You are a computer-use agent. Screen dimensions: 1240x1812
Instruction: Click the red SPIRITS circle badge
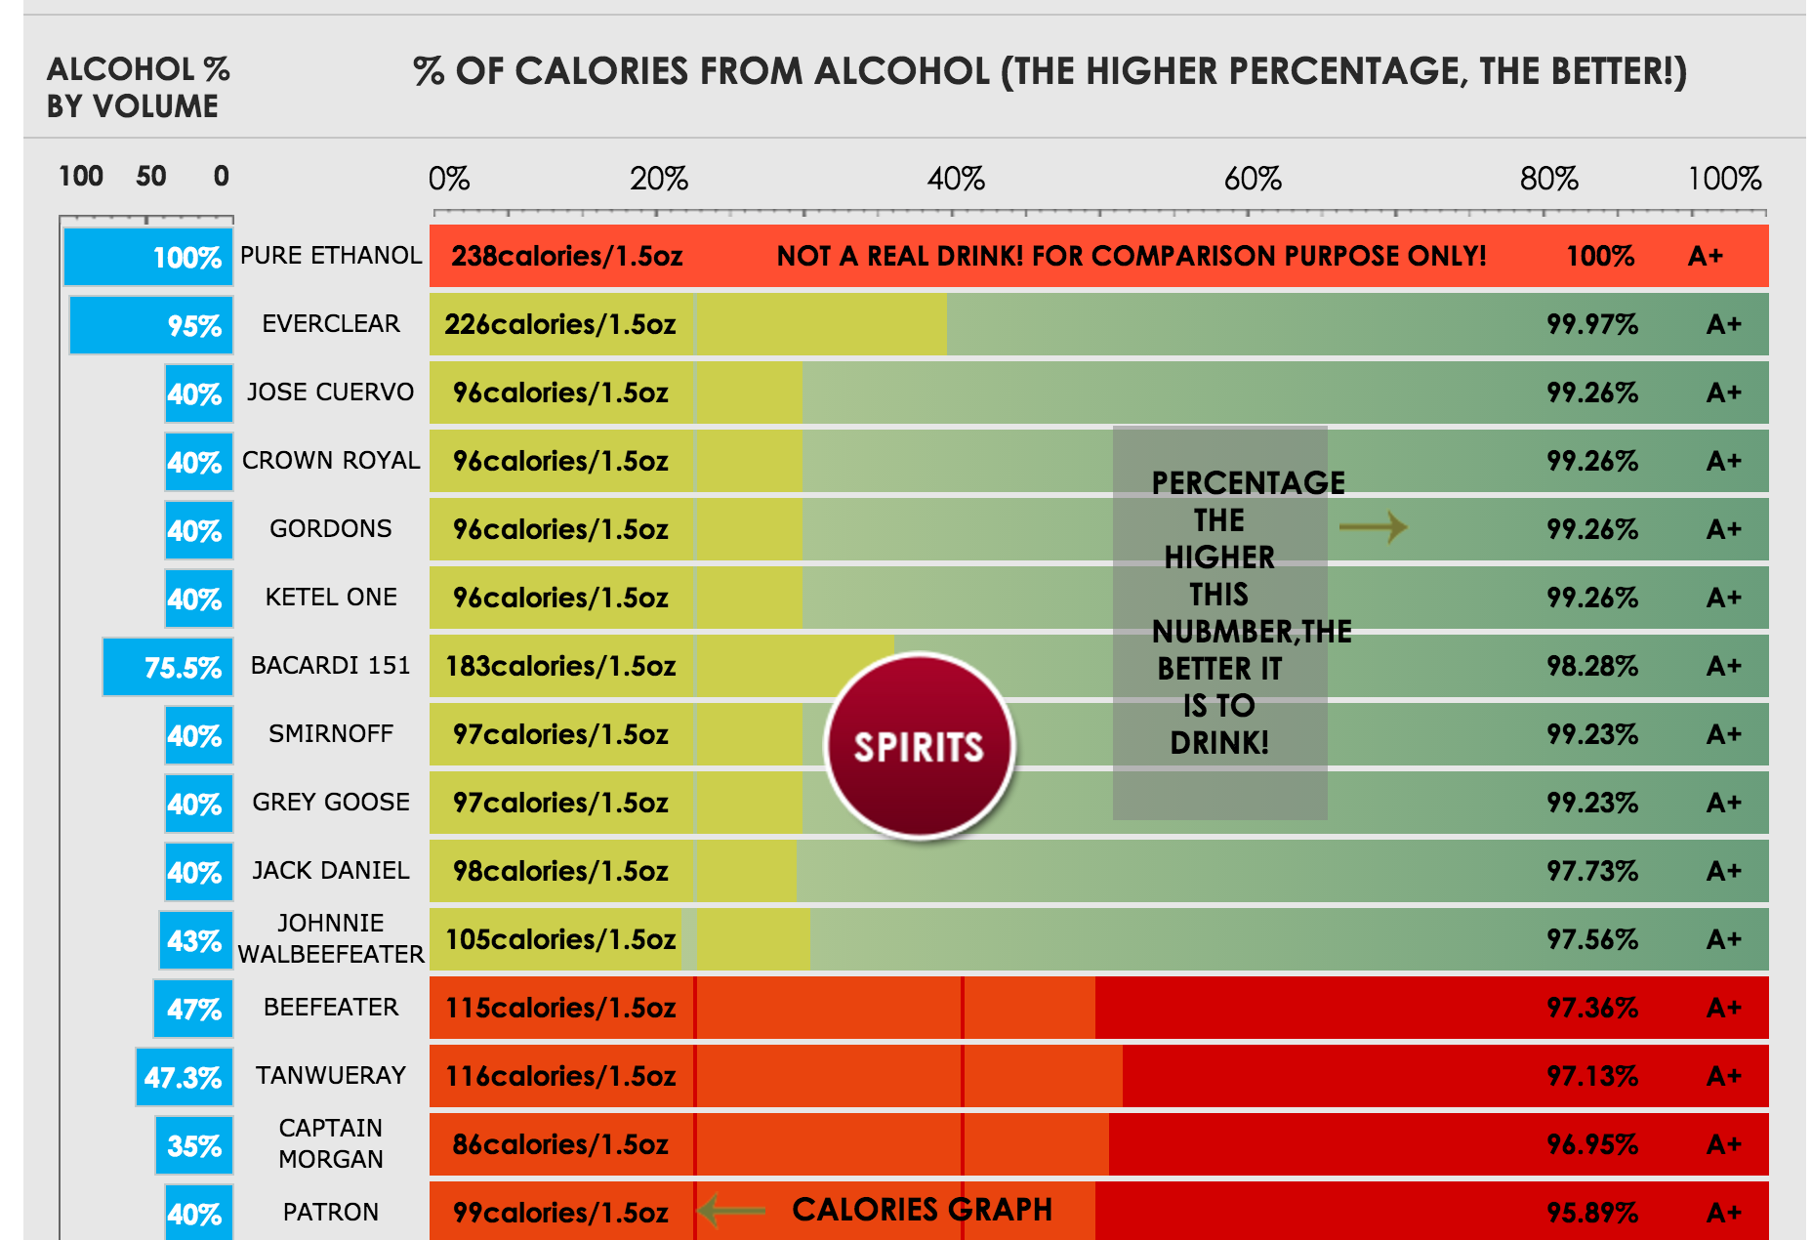919,746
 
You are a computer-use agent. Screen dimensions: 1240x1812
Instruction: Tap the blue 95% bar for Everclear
151,325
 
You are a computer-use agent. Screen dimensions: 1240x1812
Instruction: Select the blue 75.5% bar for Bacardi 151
168,667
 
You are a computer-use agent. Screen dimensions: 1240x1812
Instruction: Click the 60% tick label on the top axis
1252,179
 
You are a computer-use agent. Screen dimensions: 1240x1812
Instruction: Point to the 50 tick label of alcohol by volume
150,177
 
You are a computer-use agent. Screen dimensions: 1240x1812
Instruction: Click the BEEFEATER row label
331,1007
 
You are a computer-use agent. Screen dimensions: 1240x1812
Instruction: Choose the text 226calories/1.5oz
559,324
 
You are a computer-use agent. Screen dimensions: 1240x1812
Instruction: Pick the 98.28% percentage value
1591,666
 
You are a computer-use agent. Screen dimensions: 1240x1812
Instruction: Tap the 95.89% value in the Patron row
1591,1213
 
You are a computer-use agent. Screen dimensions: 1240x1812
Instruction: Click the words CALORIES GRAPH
922,1210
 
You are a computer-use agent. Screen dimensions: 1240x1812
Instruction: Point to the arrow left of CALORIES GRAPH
732,1211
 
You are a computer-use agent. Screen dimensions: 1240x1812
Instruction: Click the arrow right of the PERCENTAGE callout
1373,528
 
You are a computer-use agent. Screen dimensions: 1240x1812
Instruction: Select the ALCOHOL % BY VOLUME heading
138,88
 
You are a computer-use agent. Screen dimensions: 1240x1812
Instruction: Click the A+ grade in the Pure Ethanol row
1705,256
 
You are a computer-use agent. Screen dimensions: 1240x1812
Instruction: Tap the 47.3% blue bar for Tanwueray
185,1077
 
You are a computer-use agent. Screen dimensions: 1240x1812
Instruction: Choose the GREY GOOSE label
331,802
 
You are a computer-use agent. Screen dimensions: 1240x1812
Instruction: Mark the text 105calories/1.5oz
559,939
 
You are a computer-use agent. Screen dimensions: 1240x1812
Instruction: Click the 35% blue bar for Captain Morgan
194,1145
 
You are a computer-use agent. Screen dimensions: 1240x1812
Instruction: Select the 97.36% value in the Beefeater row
1591,1008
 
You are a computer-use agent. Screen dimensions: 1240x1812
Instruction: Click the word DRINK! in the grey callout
1219,743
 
